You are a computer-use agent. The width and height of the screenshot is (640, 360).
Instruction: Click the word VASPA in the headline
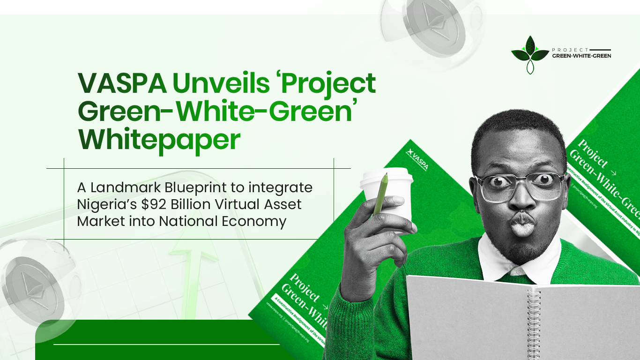point(122,83)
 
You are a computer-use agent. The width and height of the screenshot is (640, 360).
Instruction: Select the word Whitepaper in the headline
point(159,139)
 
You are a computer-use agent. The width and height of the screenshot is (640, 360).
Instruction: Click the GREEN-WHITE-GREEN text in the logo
point(581,56)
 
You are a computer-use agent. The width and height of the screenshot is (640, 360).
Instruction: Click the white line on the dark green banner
point(166,345)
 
